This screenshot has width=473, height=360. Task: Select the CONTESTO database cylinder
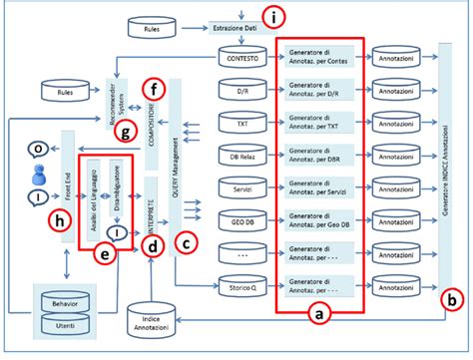pyautogui.click(x=243, y=60)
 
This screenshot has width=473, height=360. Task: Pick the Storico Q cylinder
pyautogui.click(x=243, y=288)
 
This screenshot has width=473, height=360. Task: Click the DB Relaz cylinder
pyautogui.click(x=243, y=157)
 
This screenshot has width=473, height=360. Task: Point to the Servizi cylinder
pyautogui.click(x=243, y=189)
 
